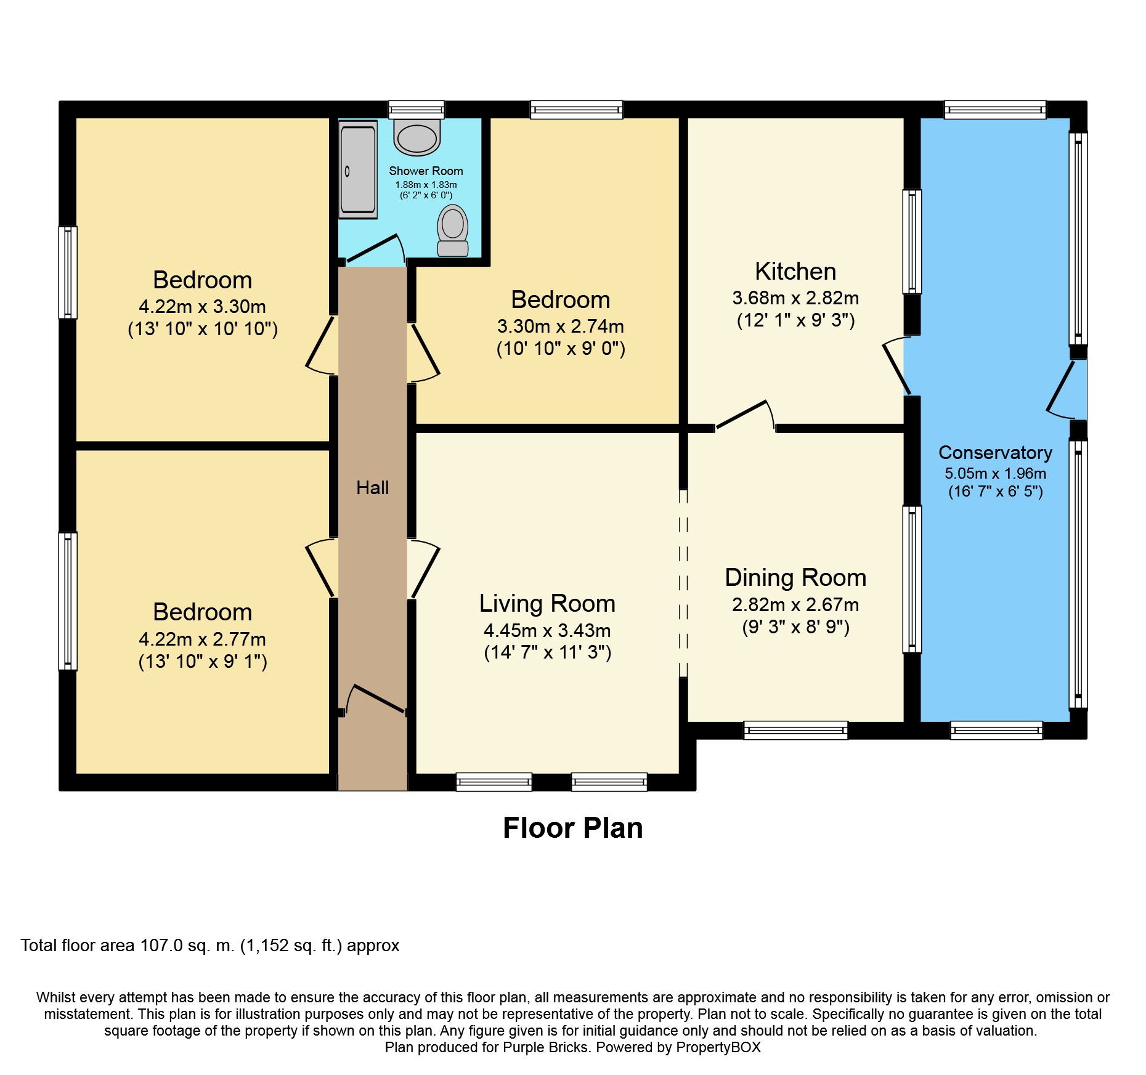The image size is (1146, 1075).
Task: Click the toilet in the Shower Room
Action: click(453, 230)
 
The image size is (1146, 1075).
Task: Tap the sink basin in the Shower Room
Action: click(417, 137)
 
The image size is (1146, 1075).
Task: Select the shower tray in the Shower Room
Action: click(358, 169)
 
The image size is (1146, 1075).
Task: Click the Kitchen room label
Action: click(795, 272)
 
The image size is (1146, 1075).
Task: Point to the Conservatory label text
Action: click(995, 453)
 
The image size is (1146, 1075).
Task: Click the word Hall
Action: click(372, 488)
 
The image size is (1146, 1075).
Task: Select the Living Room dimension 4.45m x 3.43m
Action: click(547, 631)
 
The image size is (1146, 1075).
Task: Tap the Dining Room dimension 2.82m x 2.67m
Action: click(795, 605)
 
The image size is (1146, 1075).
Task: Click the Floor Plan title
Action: click(572, 828)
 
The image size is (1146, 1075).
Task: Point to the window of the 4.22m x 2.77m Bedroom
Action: click(68, 601)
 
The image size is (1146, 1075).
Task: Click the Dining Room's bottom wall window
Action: click(795, 731)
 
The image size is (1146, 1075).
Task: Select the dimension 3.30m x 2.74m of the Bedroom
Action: click(560, 327)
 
